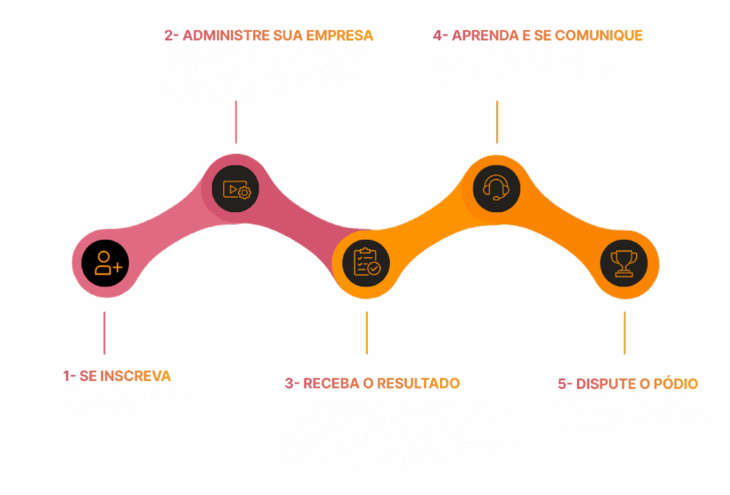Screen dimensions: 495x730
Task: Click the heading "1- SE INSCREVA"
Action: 117,376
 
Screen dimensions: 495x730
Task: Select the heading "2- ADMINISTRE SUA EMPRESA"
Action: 269,35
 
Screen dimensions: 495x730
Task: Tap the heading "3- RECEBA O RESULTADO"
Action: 372,383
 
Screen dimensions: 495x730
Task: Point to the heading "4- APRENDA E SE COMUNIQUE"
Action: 538,35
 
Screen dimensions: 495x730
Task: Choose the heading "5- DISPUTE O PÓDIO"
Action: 627,383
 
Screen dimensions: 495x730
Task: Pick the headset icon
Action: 496,188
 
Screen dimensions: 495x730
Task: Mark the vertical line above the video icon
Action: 236,126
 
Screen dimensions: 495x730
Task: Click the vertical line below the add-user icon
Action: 104,332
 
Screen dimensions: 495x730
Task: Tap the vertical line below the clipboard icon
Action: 366,332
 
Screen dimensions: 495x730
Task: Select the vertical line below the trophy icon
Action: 624,332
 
